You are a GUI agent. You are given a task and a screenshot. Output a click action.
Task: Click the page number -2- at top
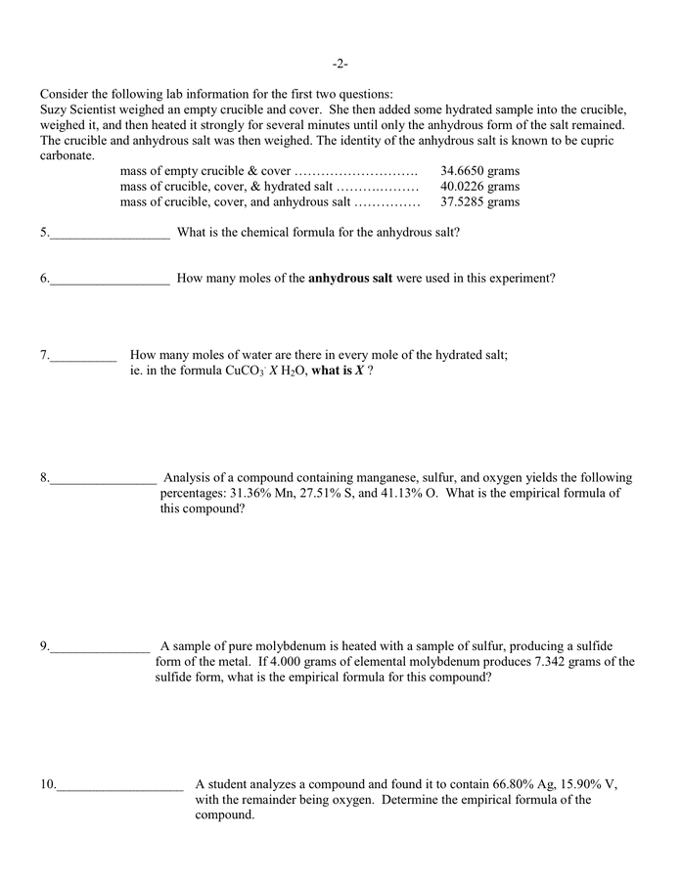(x=340, y=64)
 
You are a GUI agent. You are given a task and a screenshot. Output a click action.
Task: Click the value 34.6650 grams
(x=479, y=170)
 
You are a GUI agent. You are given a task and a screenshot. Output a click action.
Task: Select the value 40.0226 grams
(x=479, y=186)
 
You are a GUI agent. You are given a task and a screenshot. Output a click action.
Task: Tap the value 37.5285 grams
(x=479, y=201)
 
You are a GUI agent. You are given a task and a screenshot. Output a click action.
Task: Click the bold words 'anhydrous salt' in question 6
(x=350, y=278)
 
